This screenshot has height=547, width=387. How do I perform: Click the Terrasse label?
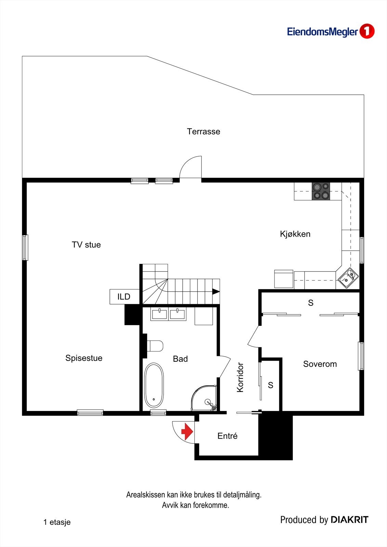pos(203,132)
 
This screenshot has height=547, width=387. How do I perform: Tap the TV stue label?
pos(86,245)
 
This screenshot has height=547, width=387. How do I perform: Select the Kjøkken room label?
pos(295,234)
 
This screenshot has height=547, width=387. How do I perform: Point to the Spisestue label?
pos(84,358)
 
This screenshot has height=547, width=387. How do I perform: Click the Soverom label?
pos(320,364)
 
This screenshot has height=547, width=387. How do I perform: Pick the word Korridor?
pos(240,377)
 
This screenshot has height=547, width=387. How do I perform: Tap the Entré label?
pos(227,436)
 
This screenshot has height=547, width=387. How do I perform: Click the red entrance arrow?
pos(187,432)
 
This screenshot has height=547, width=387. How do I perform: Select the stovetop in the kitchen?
pos(321,191)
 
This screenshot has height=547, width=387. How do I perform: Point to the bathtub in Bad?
pos(154,385)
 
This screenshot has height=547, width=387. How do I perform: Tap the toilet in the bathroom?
pos(155,346)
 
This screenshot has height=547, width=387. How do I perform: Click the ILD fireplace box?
pos(124,297)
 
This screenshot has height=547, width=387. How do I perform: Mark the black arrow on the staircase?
pos(216,291)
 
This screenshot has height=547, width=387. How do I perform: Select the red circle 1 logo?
pos(367,31)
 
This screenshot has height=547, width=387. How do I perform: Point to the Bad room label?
pos(180,359)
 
